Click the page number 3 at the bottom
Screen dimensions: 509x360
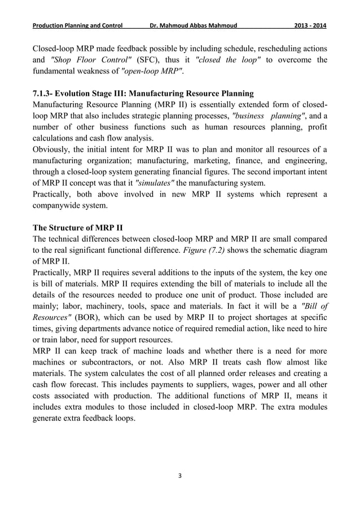pos(180,476)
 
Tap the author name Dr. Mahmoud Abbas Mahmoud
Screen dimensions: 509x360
pos(191,26)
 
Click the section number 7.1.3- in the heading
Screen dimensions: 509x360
pos(47,93)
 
